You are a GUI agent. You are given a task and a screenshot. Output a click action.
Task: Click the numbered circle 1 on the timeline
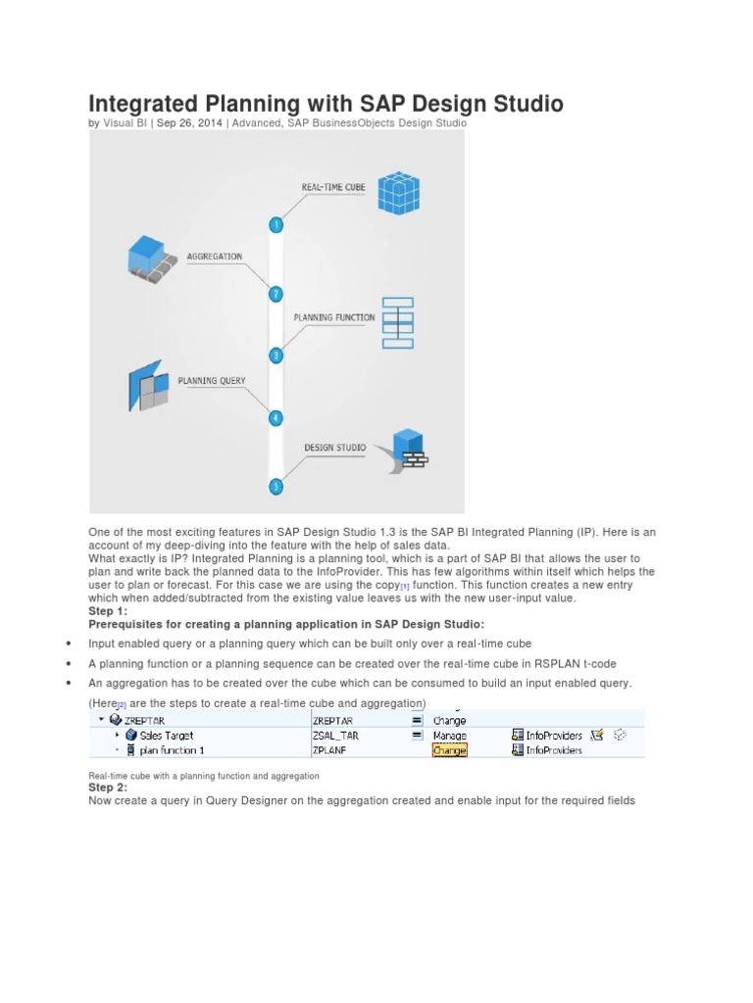pos(276,224)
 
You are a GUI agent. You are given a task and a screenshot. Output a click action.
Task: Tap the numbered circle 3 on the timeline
pos(276,356)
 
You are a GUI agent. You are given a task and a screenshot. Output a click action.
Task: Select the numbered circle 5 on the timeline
pos(276,486)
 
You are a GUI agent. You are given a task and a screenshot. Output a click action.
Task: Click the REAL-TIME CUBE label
pos(333,186)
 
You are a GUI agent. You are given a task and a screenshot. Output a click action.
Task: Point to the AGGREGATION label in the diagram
pos(214,257)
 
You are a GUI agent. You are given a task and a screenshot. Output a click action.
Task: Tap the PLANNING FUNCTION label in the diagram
pos(334,317)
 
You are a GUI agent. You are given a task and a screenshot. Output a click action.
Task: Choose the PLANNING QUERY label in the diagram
pos(212,380)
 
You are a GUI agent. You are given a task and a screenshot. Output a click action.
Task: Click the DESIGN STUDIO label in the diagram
pos(335,448)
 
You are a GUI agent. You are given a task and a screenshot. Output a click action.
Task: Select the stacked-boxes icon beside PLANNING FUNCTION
pos(398,322)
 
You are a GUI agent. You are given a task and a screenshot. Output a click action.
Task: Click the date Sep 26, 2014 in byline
pos(190,123)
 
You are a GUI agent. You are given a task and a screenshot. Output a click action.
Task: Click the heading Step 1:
pos(108,611)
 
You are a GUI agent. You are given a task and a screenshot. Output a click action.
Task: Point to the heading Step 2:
pos(108,788)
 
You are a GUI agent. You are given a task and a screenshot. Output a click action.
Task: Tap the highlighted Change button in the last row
pos(450,750)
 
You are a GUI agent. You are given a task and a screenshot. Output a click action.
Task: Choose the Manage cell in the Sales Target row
pos(450,735)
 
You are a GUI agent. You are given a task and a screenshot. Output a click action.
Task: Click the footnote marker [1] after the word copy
pos(405,586)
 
